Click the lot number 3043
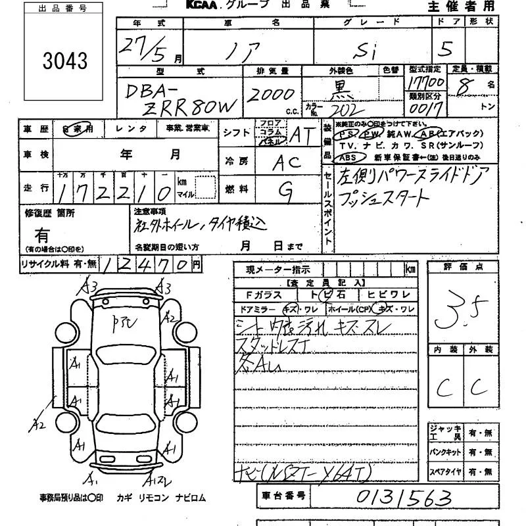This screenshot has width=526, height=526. point(64,61)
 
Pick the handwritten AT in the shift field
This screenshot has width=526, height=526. point(302,134)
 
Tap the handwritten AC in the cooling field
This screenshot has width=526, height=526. point(287,162)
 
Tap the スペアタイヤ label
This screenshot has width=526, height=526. point(445,472)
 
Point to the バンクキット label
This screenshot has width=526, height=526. point(445,452)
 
